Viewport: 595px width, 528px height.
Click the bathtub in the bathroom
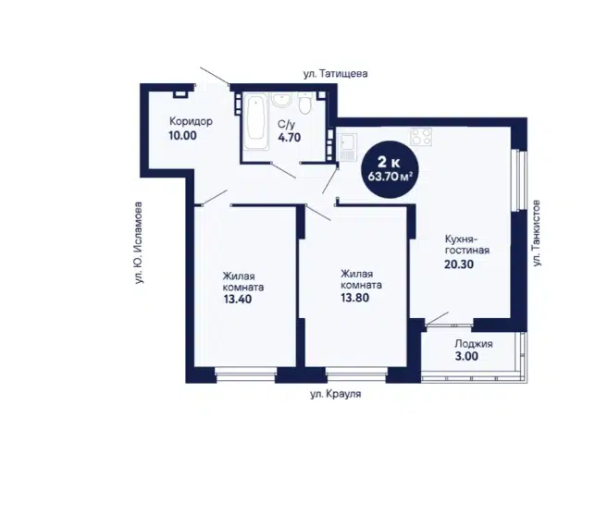coord(255,118)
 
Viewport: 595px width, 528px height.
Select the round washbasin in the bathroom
coord(281,100)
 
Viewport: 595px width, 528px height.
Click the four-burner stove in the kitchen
coord(421,137)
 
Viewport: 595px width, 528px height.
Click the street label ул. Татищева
coord(336,74)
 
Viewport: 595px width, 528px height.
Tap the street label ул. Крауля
coord(336,394)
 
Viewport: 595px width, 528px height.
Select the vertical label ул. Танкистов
coord(536,233)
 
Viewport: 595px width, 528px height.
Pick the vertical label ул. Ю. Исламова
coord(139,243)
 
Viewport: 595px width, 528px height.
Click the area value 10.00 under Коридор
coord(182,135)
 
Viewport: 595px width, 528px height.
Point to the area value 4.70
coord(290,138)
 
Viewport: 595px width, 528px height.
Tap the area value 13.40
coord(238,300)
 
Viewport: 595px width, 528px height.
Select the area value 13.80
coord(354,298)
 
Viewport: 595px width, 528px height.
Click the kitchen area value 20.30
coord(459,264)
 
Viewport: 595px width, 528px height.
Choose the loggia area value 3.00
coord(466,356)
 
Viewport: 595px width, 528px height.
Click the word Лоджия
coord(474,344)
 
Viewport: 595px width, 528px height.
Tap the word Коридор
coord(191,122)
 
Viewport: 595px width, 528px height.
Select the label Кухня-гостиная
coord(466,245)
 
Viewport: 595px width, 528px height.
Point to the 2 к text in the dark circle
coord(389,163)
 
